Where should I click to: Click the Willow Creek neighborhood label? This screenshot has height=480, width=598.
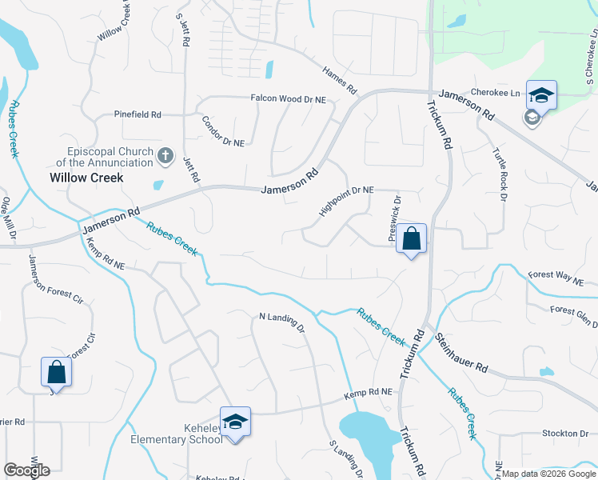click(86, 178)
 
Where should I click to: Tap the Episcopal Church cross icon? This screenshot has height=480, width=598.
click(165, 155)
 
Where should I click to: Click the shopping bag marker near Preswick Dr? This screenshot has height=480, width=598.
click(411, 238)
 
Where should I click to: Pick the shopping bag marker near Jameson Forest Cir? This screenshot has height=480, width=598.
click(56, 371)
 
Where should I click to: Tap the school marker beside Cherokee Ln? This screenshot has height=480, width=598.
click(541, 95)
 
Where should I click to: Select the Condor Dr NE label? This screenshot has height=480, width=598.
click(222, 128)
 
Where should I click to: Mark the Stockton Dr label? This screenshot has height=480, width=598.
click(565, 434)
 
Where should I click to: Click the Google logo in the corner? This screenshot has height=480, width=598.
click(26, 470)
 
